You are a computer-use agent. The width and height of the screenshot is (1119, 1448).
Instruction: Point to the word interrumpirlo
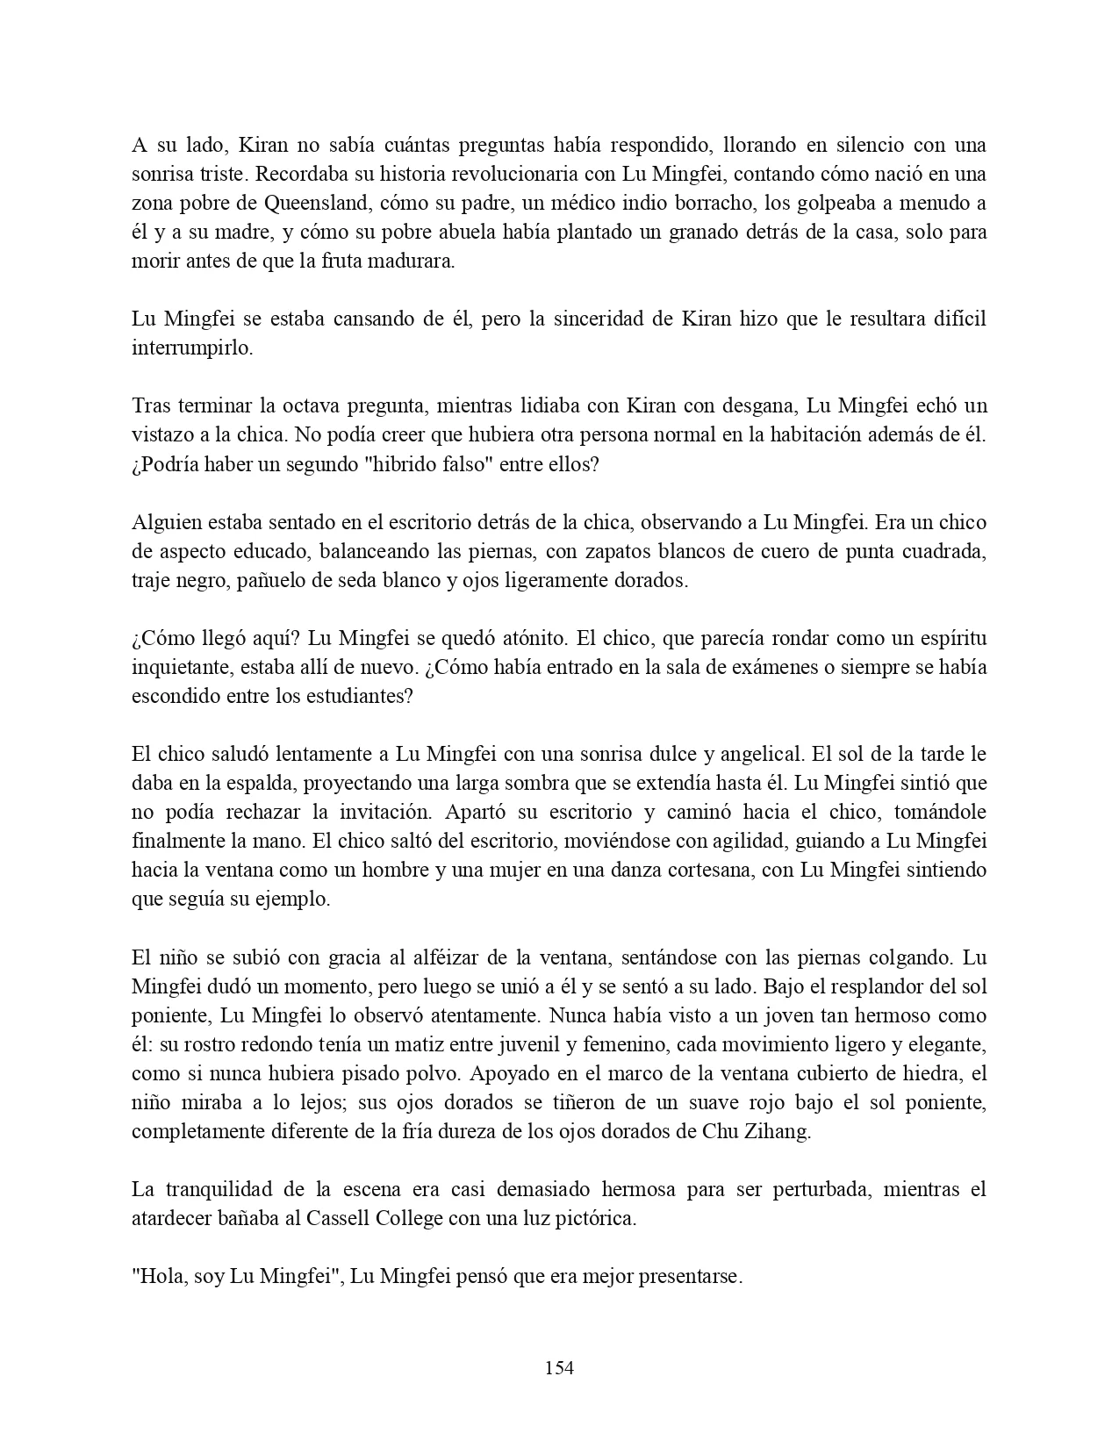tap(192, 348)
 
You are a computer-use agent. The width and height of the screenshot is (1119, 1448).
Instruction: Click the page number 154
tap(559, 1366)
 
